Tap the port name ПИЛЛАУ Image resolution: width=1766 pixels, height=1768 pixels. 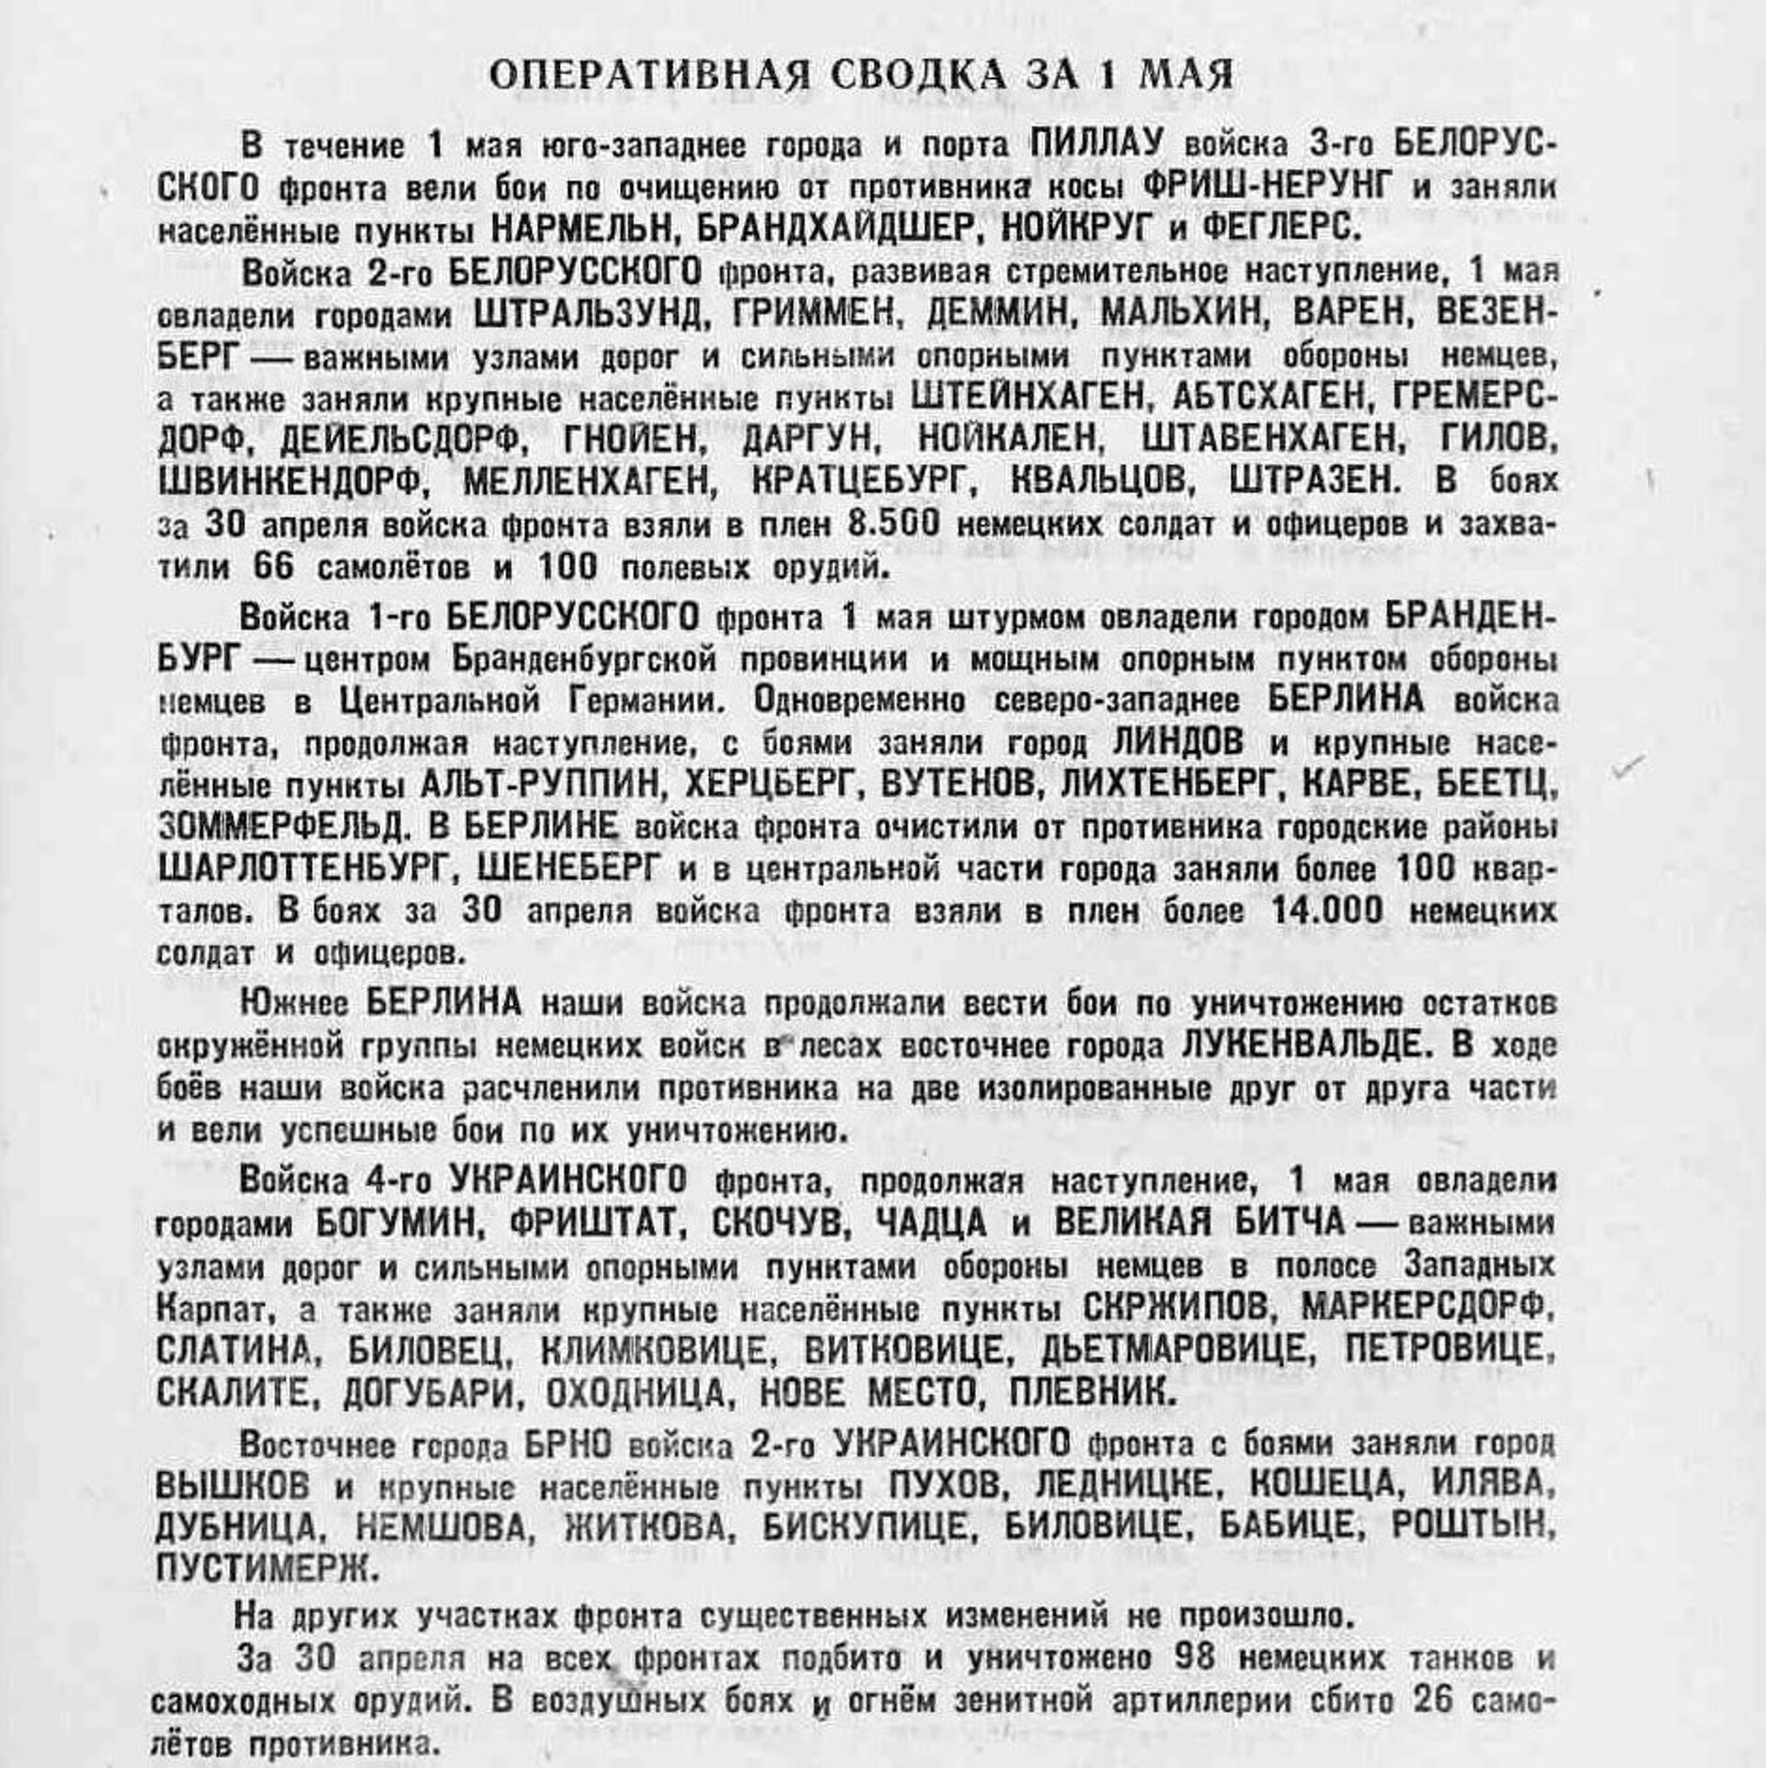[1096, 144]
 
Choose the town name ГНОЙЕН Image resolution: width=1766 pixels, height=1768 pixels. [635, 440]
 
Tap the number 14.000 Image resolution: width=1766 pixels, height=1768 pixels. [1326, 911]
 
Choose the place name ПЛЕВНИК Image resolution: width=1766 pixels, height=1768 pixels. [1093, 1393]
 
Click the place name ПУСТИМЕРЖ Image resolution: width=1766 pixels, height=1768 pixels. [267, 1569]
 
